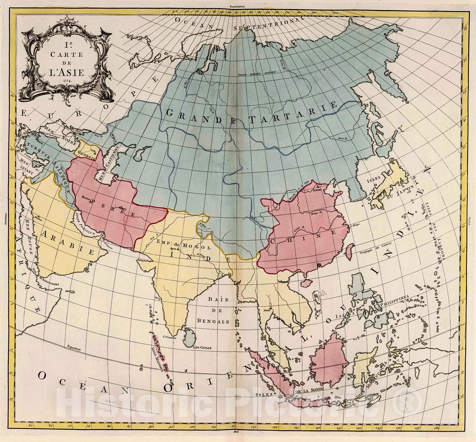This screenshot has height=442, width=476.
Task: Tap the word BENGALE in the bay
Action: [213, 322]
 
